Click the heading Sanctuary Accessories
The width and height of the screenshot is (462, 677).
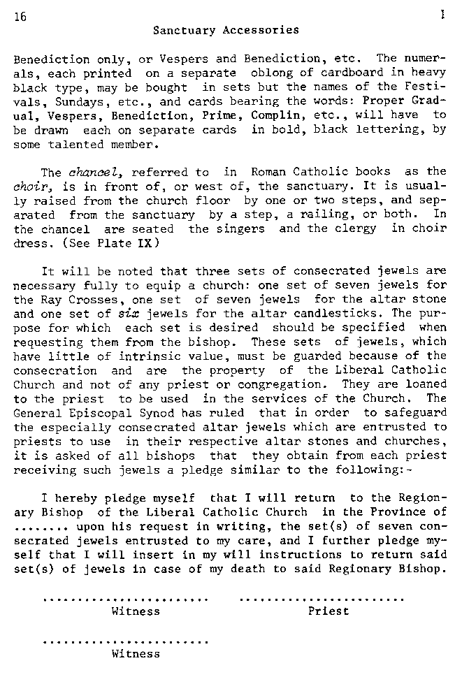coord(226,30)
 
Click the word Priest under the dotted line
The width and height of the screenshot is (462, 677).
coord(329,611)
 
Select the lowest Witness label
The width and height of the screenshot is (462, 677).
coord(136,655)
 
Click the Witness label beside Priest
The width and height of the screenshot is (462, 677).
coord(136,611)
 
